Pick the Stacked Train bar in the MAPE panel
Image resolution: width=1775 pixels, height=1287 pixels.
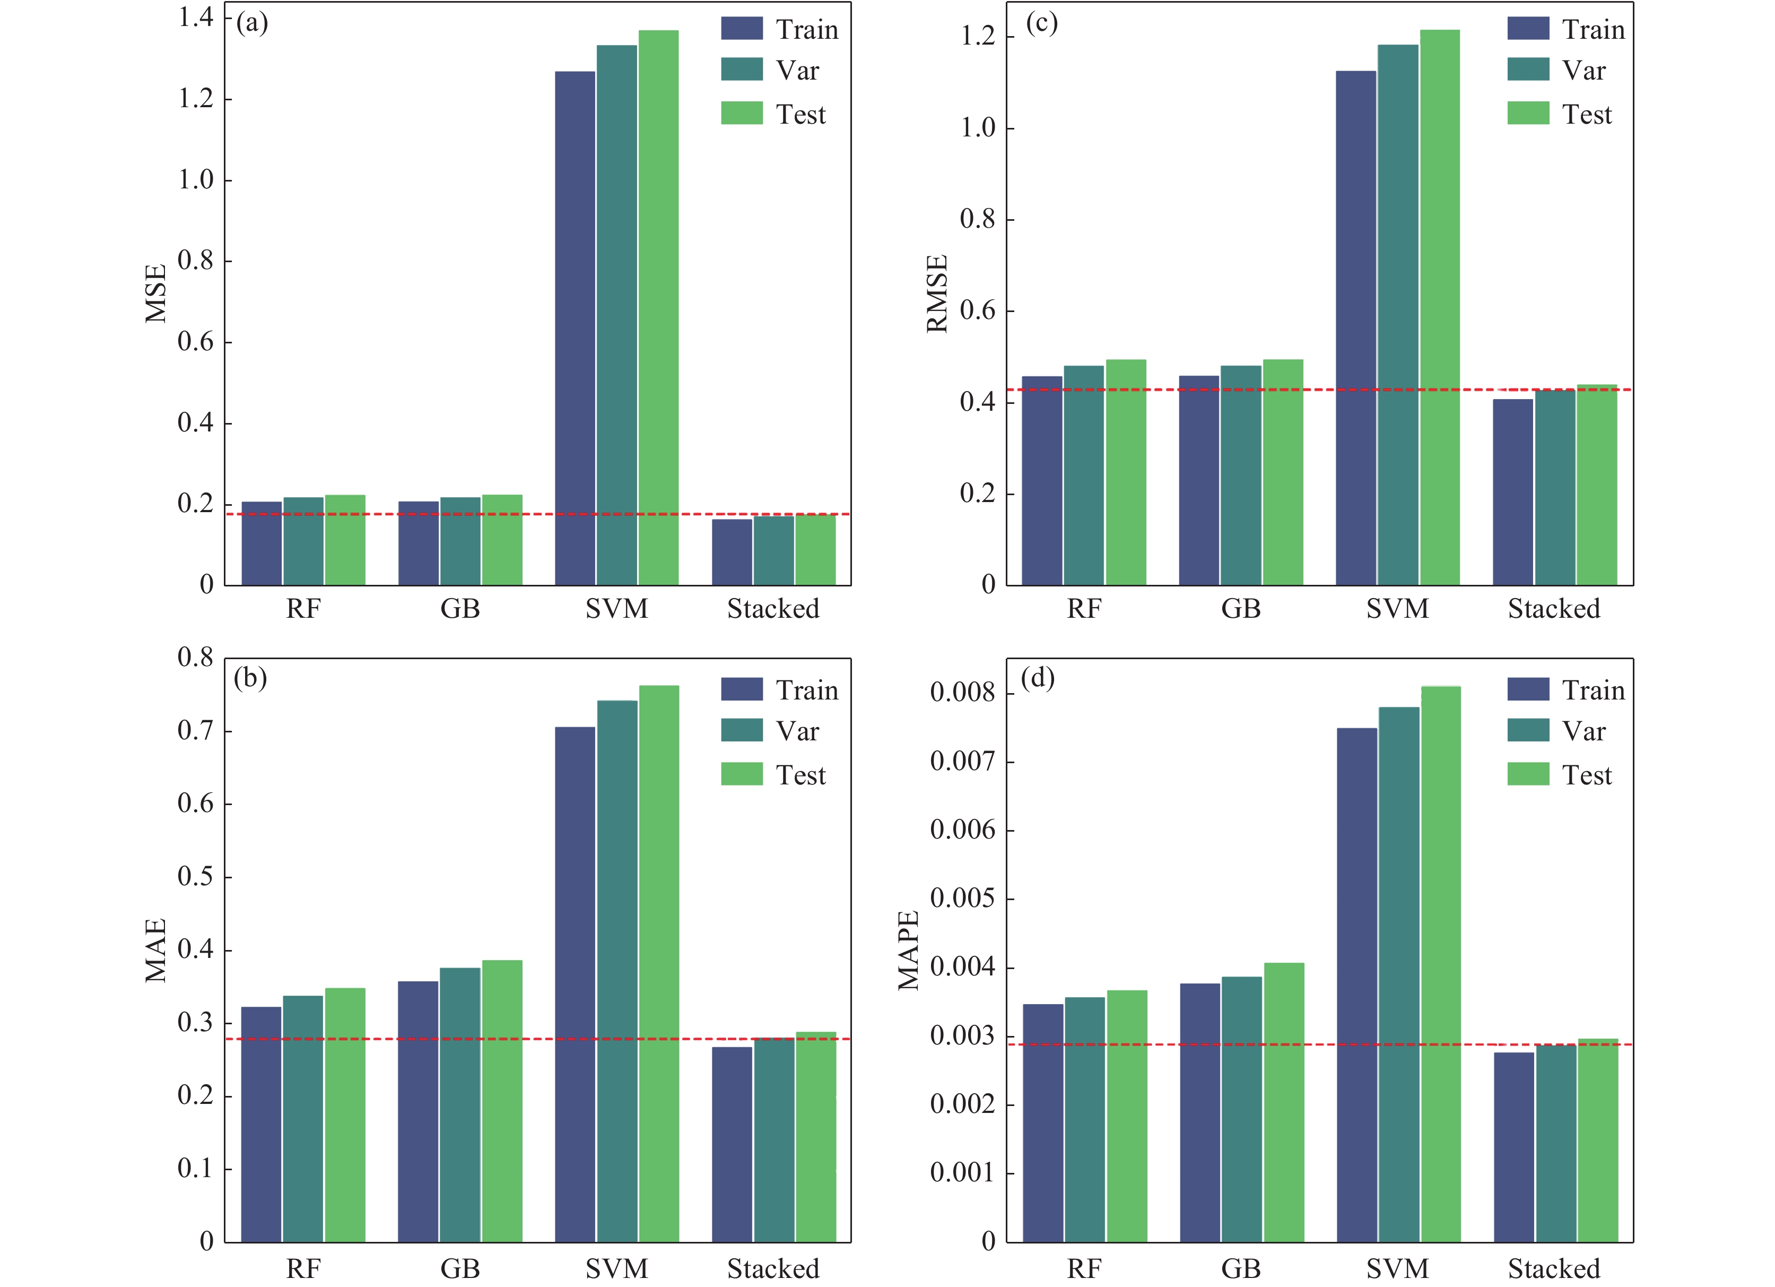(x=1513, y=1147)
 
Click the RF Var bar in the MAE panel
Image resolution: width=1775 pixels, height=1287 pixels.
(x=303, y=1119)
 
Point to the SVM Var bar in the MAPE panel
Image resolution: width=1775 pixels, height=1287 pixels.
(x=1398, y=974)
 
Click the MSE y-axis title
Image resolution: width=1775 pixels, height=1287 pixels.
(x=156, y=293)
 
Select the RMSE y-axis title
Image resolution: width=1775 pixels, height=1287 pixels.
(x=937, y=293)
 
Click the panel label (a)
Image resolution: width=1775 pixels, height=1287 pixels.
(x=252, y=23)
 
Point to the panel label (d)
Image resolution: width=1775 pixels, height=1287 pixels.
(x=1038, y=678)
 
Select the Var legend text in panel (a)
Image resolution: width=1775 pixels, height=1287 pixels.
(x=797, y=71)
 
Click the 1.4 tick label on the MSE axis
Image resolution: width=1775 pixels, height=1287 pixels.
(x=196, y=17)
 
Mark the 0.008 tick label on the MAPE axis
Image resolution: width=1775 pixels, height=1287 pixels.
(x=962, y=692)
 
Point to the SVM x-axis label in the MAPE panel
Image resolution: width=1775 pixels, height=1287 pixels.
(x=1398, y=1268)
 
